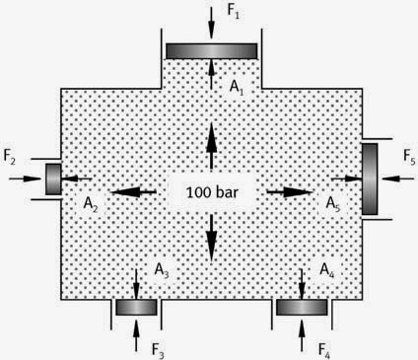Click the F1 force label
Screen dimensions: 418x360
pyautogui.click(x=233, y=12)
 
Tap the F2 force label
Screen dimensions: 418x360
pyautogui.click(x=10, y=157)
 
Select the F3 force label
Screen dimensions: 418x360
pyautogui.click(x=158, y=350)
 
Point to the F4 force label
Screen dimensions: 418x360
pyautogui.click(x=324, y=350)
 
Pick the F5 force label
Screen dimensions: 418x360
pyautogui.click(x=409, y=157)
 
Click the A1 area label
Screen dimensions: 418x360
pyautogui.click(x=237, y=88)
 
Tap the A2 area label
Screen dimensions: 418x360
pyautogui.click(x=91, y=204)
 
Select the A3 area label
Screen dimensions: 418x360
pyautogui.click(x=162, y=270)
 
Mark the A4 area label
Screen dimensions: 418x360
pyautogui.click(x=327, y=270)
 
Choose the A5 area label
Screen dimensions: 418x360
pyautogui.click(x=333, y=204)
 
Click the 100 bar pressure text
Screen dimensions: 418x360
pyautogui.click(x=212, y=192)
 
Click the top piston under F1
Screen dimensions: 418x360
pyautogui.click(x=212, y=51)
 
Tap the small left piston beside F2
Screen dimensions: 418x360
pyautogui.click(x=53, y=180)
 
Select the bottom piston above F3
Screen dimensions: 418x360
pyautogui.click(x=136, y=308)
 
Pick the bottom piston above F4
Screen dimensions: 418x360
pyautogui.click(x=302, y=308)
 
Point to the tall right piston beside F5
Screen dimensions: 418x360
pyautogui.click(x=370, y=179)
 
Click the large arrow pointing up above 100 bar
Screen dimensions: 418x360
pyautogui.click(x=211, y=146)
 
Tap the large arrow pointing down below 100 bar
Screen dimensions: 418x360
pyautogui.click(x=211, y=239)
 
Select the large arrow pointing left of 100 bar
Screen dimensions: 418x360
pyautogui.click(x=133, y=192)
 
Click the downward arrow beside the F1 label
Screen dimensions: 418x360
pyautogui.click(x=211, y=23)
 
